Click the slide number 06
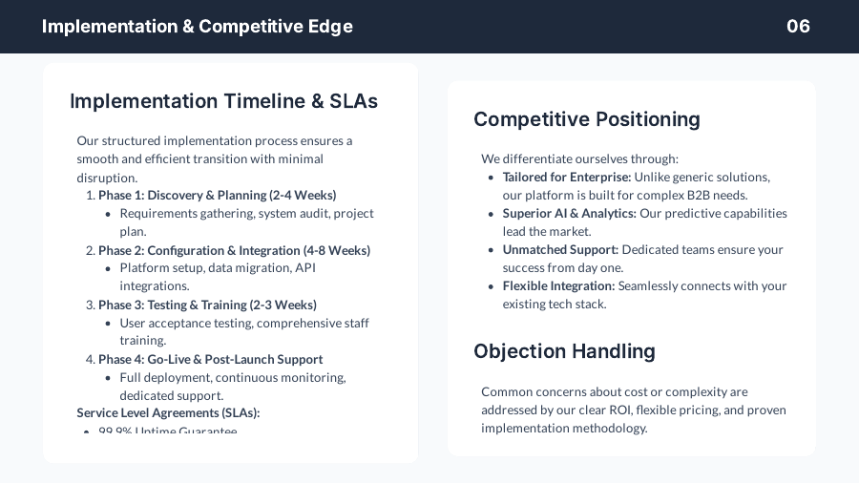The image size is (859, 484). point(798,26)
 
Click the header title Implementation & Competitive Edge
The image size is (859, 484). point(198,26)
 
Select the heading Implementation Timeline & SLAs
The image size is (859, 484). point(223,101)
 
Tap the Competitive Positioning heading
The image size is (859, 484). point(587,119)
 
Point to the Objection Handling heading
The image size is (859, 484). point(564,351)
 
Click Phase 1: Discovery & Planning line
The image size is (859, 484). point(217,195)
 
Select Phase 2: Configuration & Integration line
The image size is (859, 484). point(234,250)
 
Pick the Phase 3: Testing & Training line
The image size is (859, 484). point(207,305)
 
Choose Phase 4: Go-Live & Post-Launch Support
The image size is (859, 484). point(210,359)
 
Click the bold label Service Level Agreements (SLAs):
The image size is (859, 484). point(168,412)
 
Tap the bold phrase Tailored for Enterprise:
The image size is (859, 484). point(567,177)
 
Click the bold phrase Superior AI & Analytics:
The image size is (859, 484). point(569,213)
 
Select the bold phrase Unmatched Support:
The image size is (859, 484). point(560,249)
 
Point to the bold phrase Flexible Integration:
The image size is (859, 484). point(558,285)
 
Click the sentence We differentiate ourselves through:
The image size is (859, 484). point(579,158)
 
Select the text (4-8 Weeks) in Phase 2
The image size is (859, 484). point(337,250)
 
